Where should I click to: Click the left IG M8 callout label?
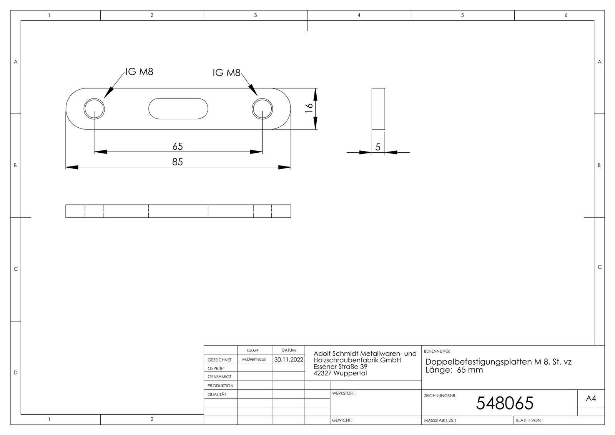(x=139, y=72)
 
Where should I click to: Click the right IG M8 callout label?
(x=226, y=73)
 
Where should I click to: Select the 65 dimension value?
(x=178, y=146)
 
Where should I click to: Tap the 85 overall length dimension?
(x=177, y=162)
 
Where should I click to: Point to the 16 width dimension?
(x=309, y=107)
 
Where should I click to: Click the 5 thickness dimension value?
(x=378, y=147)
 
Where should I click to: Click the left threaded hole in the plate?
(x=94, y=109)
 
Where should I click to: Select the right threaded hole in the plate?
(x=262, y=109)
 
